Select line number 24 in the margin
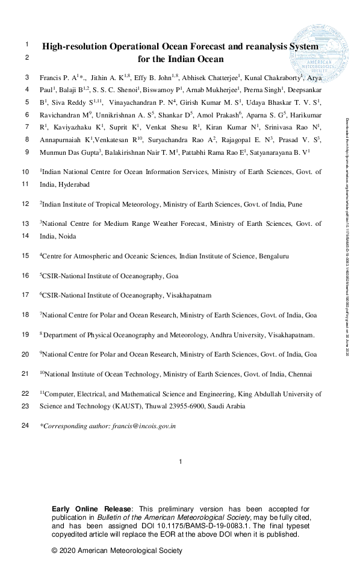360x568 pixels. tap(25, 426)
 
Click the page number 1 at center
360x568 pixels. tap(180, 462)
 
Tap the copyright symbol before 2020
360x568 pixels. tap(55, 551)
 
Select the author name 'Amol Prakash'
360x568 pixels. tap(214, 115)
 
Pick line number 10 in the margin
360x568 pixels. tap(25, 172)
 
